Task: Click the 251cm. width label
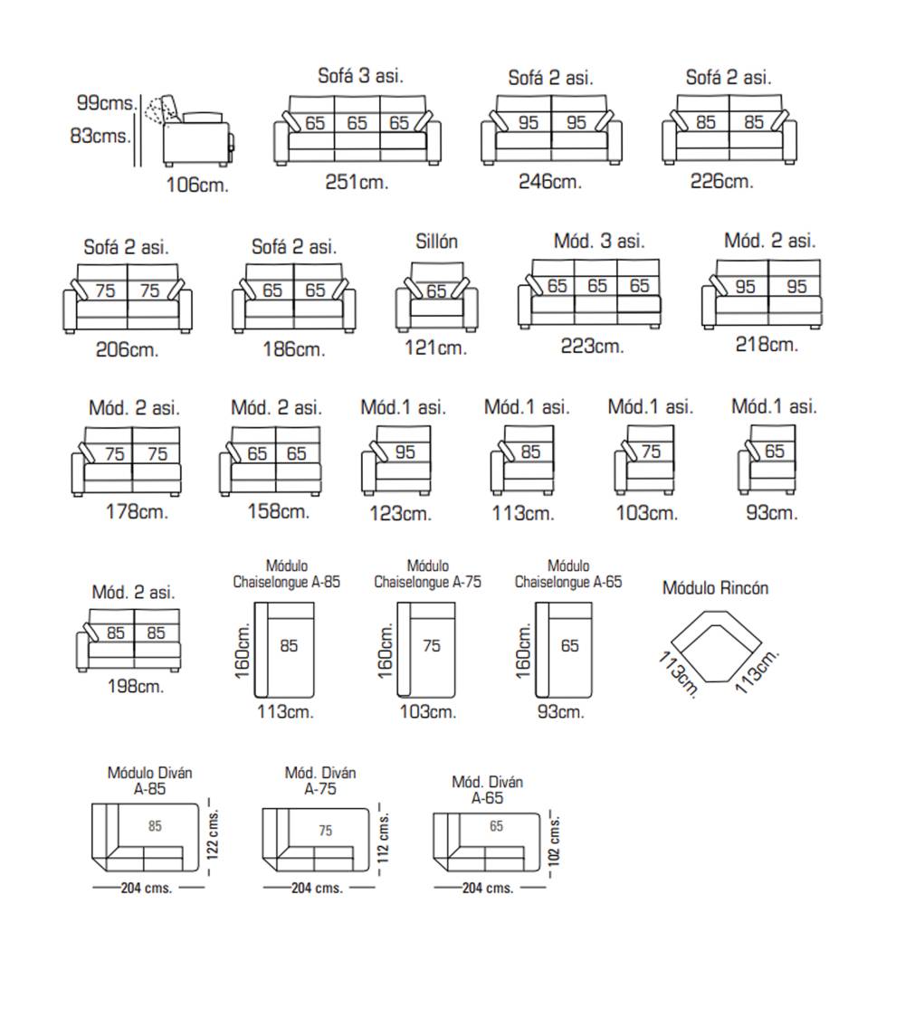click(x=357, y=182)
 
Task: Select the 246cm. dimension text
click(x=549, y=182)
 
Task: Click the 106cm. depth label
click(x=197, y=186)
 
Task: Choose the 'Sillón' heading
click(x=436, y=242)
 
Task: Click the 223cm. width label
click(x=592, y=346)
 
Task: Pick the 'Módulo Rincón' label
click(x=715, y=588)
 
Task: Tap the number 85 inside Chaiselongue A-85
click(x=289, y=646)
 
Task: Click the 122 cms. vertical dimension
click(x=213, y=833)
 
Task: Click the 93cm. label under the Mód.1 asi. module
click(x=772, y=513)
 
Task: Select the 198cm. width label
click(x=135, y=687)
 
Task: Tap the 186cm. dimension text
click(x=293, y=349)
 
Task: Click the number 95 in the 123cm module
click(x=405, y=452)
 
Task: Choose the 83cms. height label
click(x=100, y=138)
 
